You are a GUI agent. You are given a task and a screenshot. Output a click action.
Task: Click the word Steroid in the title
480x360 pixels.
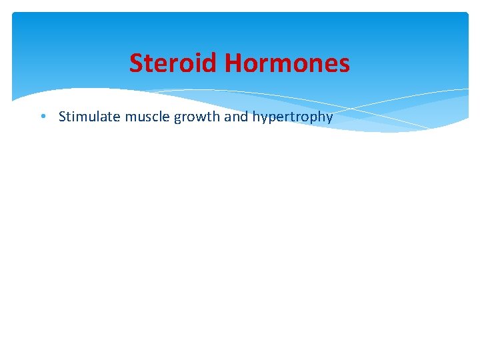point(174,63)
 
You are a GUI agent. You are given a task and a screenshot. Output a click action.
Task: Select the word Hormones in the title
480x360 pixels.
point(287,63)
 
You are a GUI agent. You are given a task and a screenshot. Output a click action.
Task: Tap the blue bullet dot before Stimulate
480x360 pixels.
point(42,117)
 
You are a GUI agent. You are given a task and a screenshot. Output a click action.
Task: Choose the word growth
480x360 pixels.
point(192,117)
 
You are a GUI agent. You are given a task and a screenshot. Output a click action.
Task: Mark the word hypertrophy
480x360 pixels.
point(292,117)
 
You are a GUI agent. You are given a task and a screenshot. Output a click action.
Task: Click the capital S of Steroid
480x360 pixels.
point(136,63)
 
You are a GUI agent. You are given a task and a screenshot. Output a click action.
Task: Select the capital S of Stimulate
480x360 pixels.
point(62,117)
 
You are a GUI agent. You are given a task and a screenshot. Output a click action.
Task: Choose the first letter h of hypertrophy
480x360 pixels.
point(256,117)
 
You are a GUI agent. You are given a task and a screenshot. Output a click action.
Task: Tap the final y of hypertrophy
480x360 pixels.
point(329,119)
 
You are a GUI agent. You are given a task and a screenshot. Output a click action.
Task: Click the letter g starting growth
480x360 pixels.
point(177,119)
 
